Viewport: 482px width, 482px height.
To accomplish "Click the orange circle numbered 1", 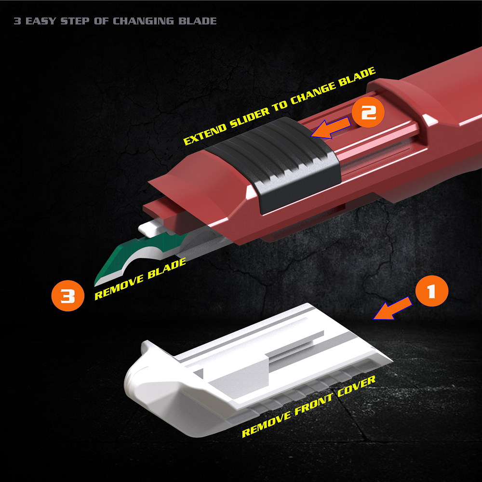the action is click(431, 291).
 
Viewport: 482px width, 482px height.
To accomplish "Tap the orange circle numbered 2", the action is click(368, 112).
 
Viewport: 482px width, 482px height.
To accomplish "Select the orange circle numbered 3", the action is click(67, 296).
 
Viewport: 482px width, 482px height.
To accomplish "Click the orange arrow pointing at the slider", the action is click(331, 128).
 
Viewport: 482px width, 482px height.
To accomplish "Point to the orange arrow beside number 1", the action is click(392, 308).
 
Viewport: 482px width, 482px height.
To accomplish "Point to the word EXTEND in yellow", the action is click(205, 134).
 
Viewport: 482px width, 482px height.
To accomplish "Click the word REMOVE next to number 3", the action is click(119, 287).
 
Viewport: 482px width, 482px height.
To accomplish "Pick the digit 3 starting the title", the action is click(17, 21).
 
